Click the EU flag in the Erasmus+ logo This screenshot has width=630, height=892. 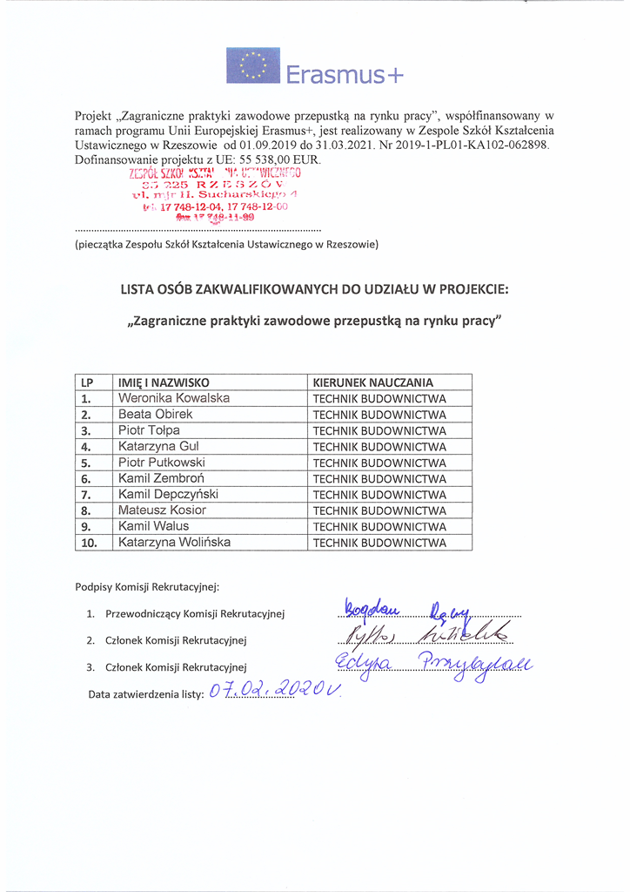tap(253, 65)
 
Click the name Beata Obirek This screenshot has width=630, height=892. tap(156, 414)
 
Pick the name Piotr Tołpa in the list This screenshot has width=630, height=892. tap(150, 430)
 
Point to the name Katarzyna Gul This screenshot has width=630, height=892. tap(159, 446)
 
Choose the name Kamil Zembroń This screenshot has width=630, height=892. tap(162, 478)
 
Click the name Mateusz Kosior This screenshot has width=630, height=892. tap(163, 510)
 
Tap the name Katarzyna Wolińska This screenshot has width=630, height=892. tap(175, 542)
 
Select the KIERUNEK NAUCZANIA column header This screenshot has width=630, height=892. tap(373, 382)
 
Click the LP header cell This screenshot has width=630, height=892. tap(87, 382)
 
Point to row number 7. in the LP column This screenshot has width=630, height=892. tap(86, 495)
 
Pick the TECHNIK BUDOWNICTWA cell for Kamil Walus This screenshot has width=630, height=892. tap(379, 527)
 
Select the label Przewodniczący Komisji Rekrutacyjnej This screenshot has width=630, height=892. tap(196, 613)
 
